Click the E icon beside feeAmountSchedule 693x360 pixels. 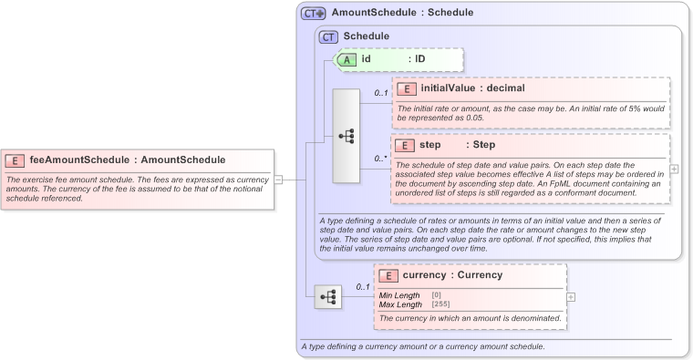tap(16, 160)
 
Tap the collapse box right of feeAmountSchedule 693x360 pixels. tap(279, 180)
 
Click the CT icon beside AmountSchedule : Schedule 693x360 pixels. tap(314, 14)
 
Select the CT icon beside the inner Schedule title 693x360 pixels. tap(328, 36)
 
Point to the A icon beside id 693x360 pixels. tap(347, 59)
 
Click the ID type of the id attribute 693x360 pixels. tap(420, 59)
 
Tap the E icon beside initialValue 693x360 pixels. tap(408, 88)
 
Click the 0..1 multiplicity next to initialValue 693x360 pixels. tap(381, 93)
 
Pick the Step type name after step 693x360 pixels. tap(483, 145)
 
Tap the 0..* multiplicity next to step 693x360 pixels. tap(381, 157)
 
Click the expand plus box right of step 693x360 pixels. tap(674, 169)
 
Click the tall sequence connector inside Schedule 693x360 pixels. tap(346, 136)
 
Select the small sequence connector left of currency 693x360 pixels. tap(328, 296)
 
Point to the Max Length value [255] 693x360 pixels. tap(440, 303)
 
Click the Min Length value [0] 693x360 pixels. tap(437, 295)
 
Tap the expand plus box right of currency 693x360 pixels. tap(571, 296)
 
